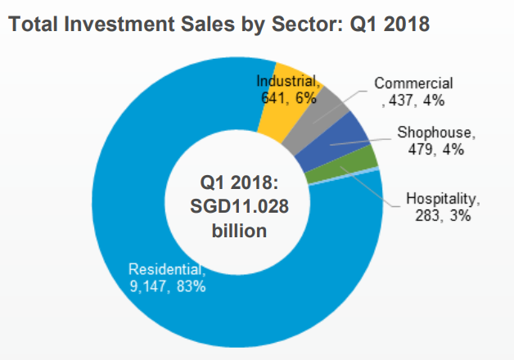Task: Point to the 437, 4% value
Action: click(413, 101)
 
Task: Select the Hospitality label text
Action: click(442, 198)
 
